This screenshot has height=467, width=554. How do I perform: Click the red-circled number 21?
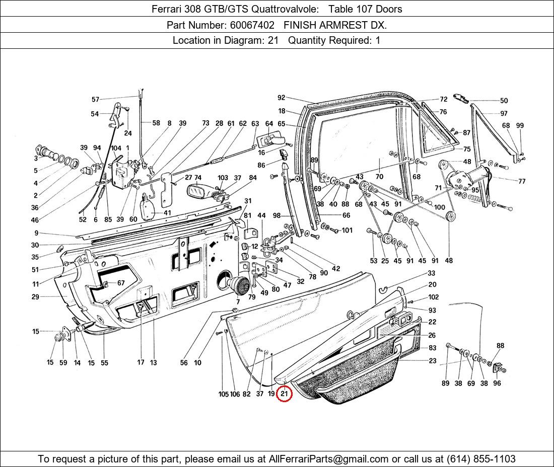[284, 394]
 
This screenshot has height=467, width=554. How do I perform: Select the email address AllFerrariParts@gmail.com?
[329, 458]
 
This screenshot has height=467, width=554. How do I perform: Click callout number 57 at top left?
[95, 100]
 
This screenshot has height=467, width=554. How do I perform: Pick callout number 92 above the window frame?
[281, 98]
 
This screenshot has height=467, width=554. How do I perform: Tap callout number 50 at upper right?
[504, 101]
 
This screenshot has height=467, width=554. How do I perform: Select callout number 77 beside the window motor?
[521, 181]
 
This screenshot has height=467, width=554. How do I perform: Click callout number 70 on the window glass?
[379, 177]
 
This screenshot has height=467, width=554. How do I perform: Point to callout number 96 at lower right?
[497, 383]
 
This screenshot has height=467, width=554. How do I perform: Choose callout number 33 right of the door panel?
[432, 273]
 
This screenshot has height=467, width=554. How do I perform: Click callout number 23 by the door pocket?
[433, 360]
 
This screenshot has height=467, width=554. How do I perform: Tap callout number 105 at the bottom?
[224, 394]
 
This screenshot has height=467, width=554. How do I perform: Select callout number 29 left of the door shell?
[35, 297]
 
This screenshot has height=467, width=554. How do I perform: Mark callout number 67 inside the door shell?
[121, 283]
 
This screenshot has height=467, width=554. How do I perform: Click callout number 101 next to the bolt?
[347, 230]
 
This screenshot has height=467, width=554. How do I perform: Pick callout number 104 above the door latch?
[116, 148]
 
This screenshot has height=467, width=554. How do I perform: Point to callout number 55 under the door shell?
[104, 362]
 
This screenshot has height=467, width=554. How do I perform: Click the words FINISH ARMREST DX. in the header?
[335, 25]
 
